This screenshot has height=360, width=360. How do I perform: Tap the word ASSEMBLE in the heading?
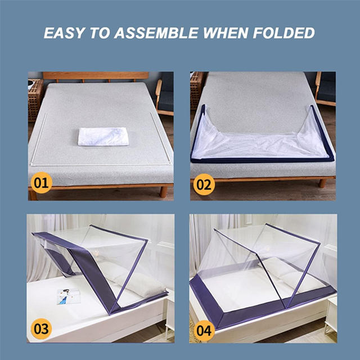tap(156, 33)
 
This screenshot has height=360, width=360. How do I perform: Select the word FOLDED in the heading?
tap(283, 33)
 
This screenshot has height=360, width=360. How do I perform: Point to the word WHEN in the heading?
tap(225, 33)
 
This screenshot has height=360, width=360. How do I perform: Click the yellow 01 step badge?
tap(41, 183)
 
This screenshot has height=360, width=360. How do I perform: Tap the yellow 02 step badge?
tap(204, 184)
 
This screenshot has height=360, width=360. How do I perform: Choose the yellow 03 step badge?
tap(41, 328)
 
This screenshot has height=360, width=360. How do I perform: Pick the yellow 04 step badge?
tap(204, 331)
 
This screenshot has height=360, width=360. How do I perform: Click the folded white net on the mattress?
tap(103, 136)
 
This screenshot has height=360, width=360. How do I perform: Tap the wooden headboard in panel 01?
tap(96, 76)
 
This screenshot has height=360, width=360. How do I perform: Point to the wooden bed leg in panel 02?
tap(322, 183)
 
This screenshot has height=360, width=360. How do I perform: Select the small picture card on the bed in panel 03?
tap(69, 296)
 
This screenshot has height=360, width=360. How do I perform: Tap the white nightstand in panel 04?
tap(331, 314)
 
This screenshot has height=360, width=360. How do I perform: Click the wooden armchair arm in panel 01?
tap(159, 94)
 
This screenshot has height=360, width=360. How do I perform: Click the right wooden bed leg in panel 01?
tap(163, 192)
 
